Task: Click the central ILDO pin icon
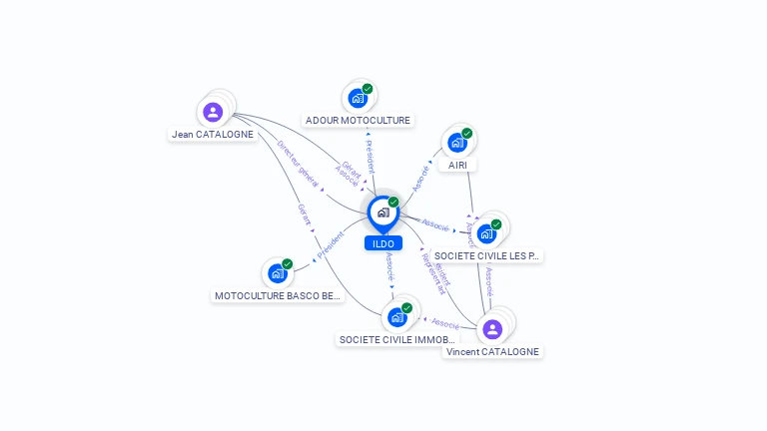[383, 213]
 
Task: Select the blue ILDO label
[383, 243]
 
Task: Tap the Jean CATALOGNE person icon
[212, 112]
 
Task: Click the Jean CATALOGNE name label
[212, 134]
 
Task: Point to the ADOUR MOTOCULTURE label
[358, 121]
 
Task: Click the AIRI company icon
[456, 143]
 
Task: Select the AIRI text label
[457, 165]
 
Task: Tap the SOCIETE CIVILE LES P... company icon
[486, 233]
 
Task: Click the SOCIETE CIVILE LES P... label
[487, 256]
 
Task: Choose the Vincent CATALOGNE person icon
[491, 329]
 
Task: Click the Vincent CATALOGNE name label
[492, 351]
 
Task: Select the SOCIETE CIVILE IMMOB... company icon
[397, 317]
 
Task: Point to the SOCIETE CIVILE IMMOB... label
[397, 339]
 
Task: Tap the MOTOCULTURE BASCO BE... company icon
[278, 273]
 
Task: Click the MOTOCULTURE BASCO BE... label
[279, 295]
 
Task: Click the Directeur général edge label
[298, 163]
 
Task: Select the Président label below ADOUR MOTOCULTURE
[370, 157]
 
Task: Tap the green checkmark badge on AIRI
[466, 134]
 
